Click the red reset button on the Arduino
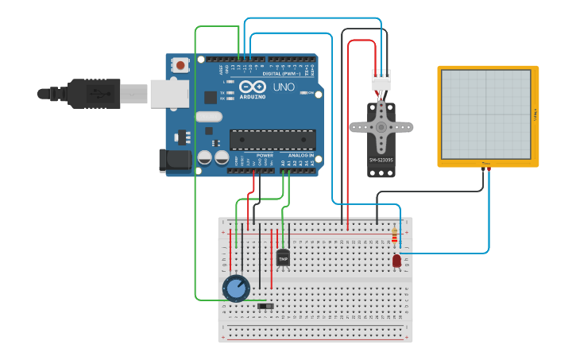click(x=181, y=65)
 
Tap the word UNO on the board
click(x=284, y=87)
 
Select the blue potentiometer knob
click(x=236, y=288)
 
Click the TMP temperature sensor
click(x=283, y=257)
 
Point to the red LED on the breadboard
click(x=396, y=261)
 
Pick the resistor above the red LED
click(x=395, y=235)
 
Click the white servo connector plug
click(x=381, y=80)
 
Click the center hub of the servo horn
click(x=381, y=126)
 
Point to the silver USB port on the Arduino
click(x=169, y=93)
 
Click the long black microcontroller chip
click(x=272, y=140)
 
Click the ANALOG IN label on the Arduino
click(x=300, y=155)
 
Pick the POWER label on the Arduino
click(x=265, y=155)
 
